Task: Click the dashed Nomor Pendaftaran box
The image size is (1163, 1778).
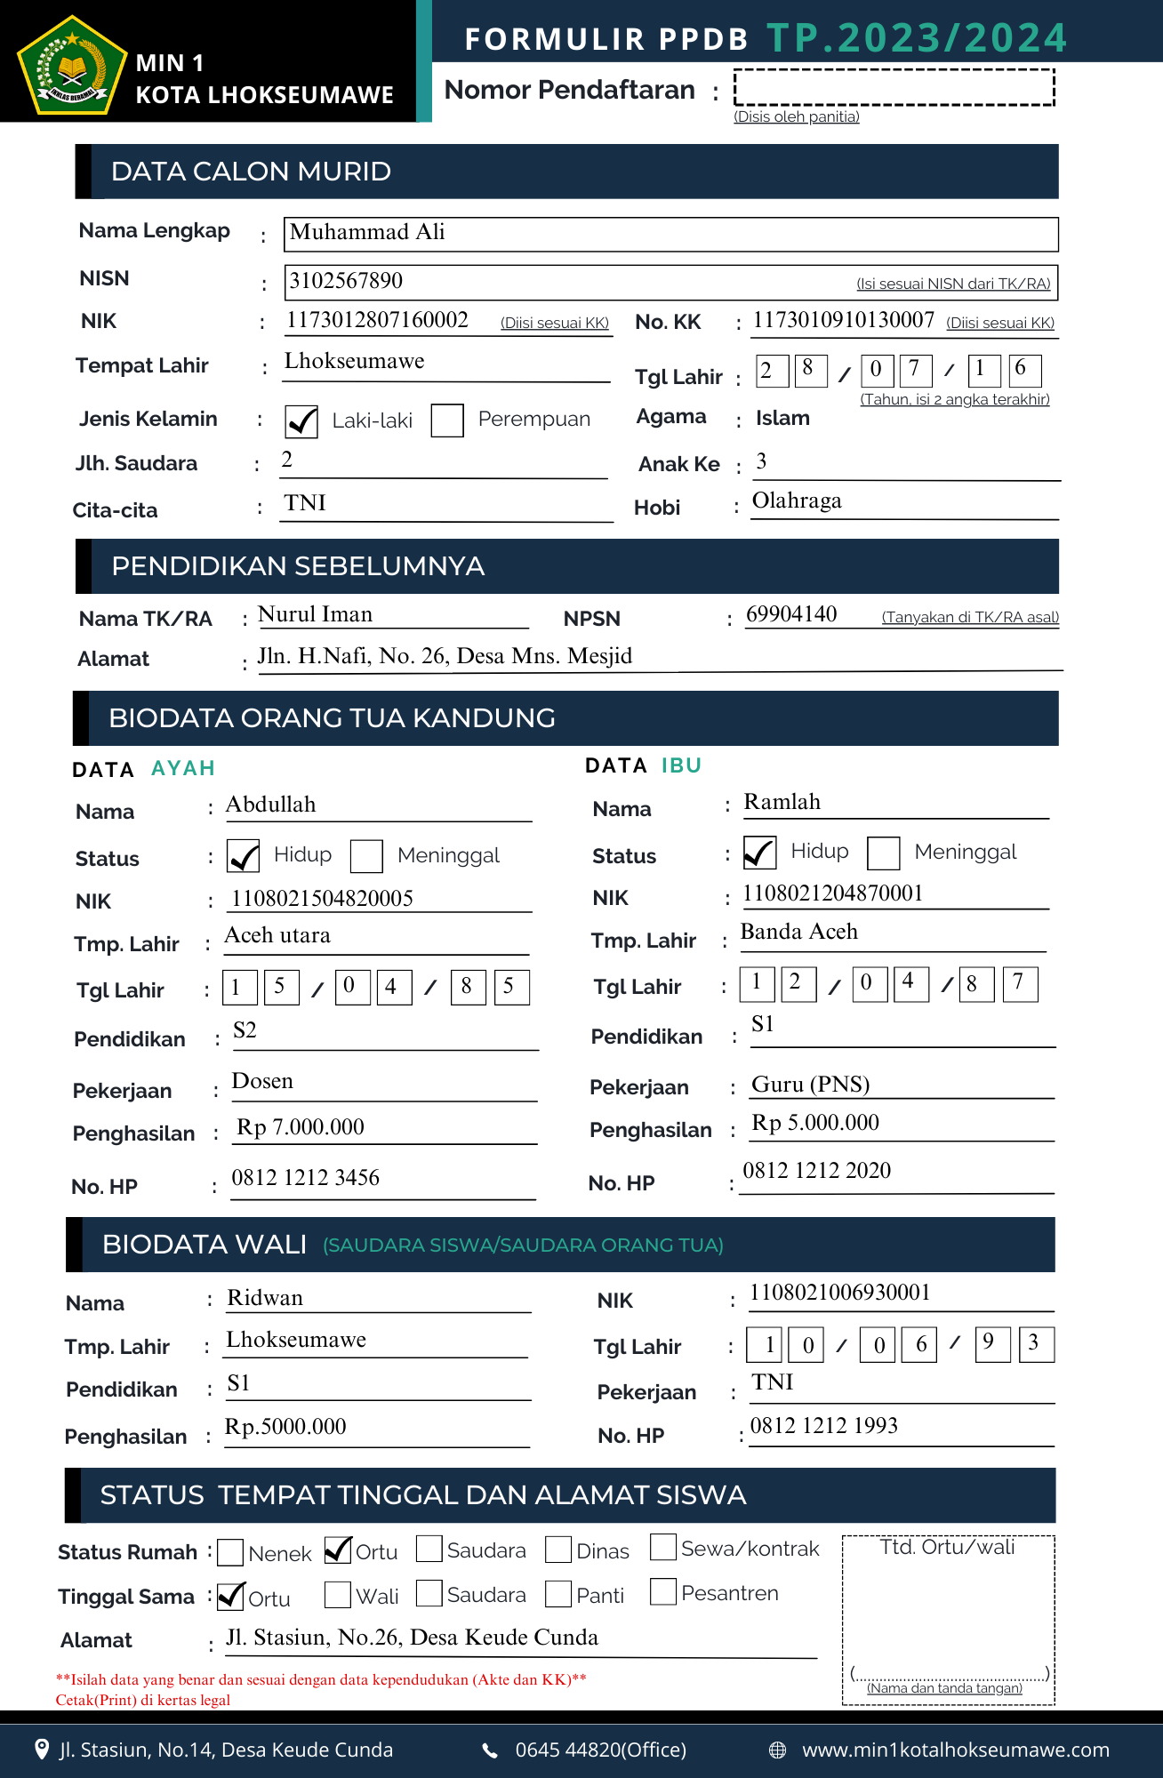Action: [x=894, y=88]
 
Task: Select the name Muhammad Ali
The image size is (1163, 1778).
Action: [x=367, y=232]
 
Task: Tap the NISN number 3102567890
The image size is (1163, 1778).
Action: [x=346, y=281]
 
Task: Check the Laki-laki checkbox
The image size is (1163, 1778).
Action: [x=301, y=420]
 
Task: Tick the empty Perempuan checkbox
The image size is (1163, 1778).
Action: [x=447, y=420]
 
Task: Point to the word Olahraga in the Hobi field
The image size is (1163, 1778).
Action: [x=797, y=501]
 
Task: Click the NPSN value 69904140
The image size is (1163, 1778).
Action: [x=791, y=614]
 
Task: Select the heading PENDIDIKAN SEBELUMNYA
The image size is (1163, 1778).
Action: [x=298, y=566]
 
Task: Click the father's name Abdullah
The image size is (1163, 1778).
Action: [x=271, y=805]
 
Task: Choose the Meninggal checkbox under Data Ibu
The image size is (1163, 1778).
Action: [x=883, y=853]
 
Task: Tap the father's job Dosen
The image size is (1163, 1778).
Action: [x=262, y=1081]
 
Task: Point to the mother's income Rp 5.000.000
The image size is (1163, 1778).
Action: [x=815, y=1123]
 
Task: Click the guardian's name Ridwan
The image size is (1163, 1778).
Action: [x=265, y=1298]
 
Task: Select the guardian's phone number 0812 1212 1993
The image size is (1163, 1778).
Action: [x=824, y=1426]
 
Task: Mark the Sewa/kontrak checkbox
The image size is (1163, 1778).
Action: [x=663, y=1547]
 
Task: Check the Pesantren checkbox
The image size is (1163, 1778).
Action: [x=663, y=1591]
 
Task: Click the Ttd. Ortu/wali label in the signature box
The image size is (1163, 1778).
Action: [x=948, y=1548]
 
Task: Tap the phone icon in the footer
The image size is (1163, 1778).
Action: [x=490, y=1750]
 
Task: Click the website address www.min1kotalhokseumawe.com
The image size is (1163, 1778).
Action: [x=956, y=1750]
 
